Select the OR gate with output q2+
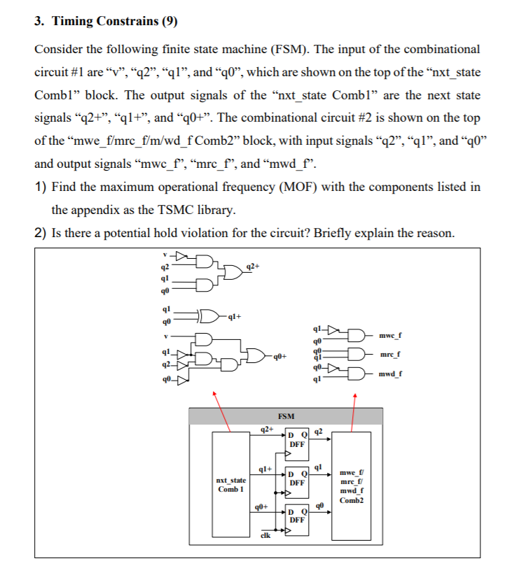tap(231, 269)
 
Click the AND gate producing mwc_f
tap(359, 336)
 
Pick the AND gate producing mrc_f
tap(359, 355)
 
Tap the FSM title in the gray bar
tap(286, 416)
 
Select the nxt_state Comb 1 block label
tap(230, 485)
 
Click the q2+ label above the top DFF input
tap(265, 429)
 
